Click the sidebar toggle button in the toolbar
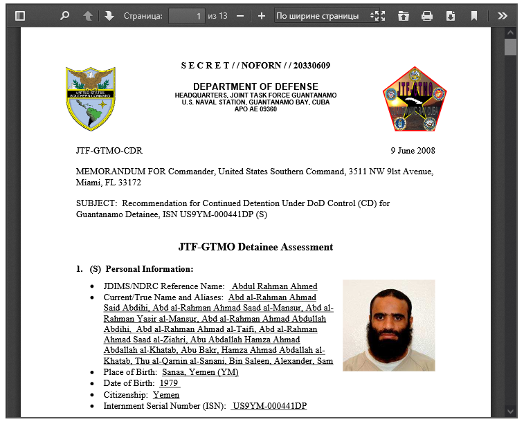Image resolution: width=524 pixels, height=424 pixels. point(20,15)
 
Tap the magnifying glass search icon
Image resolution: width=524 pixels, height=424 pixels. point(65,15)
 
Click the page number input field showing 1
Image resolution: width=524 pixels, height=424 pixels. point(187,15)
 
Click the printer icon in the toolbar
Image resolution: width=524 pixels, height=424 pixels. point(427,15)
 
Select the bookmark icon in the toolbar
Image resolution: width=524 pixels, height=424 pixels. point(474,15)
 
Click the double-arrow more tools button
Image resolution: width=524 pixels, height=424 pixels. point(503,15)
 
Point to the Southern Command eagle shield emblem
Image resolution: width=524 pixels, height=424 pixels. point(90,98)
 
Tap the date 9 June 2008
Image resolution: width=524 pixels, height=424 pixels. point(413,150)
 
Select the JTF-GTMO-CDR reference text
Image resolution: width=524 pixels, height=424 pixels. point(109,150)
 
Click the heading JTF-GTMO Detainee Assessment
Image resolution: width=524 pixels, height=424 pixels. point(255,247)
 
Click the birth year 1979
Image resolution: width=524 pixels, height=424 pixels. point(169,382)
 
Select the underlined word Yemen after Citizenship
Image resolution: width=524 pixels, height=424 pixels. point(166,394)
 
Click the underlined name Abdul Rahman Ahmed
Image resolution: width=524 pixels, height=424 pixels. point(274,286)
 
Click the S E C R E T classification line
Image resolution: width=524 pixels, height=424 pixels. point(255,66)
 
